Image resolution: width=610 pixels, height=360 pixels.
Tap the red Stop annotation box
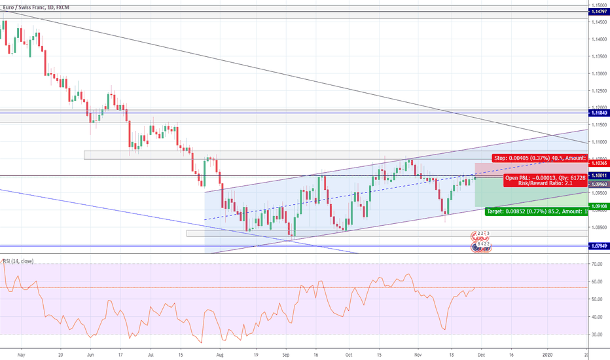click(x=537, y=158)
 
